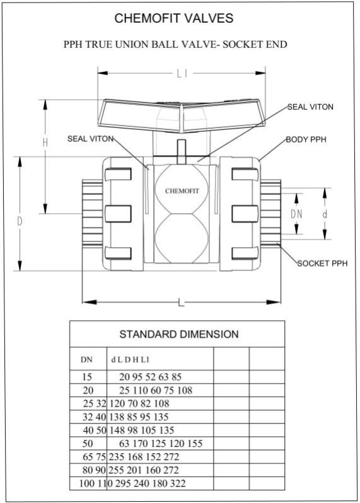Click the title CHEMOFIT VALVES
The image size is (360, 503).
click(174, 19)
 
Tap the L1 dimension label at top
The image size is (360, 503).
click(182, 74)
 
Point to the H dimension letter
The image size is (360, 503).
click(45, 143)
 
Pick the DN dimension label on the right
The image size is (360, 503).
click(296, 214)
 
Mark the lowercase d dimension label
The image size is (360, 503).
click(325, 214)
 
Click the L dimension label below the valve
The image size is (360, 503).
click(181, 303)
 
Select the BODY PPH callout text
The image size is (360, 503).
click(306, 139)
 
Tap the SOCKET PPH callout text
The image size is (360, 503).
click(322, 263)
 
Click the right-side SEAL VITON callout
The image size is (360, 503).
click(310, 107)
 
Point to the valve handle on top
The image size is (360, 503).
click(182, 111)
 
